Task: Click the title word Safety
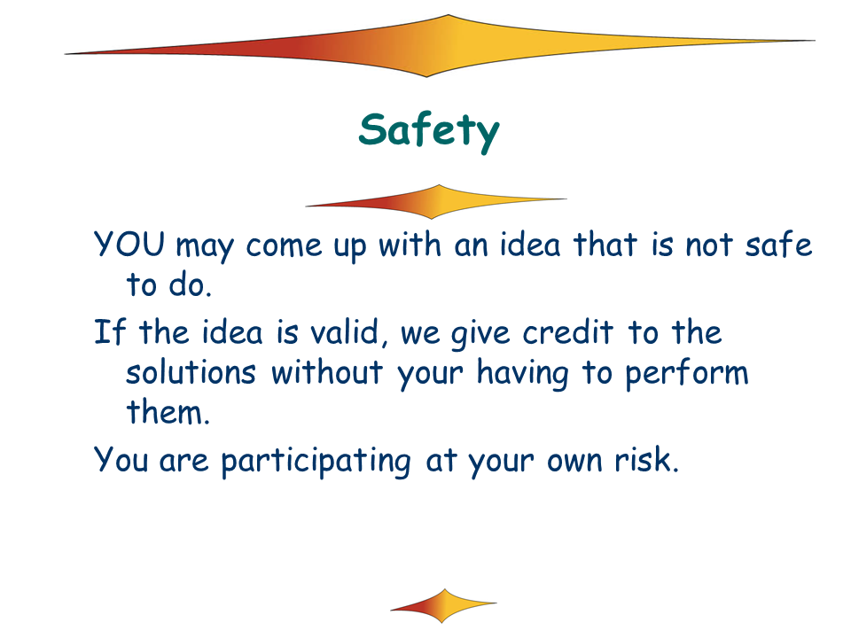pos(429,131)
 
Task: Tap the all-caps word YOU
pos(129,244)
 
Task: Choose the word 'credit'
pos(567,331)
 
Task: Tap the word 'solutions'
pos(191,372)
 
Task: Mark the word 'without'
pos(327,372)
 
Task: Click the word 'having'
pos(523,375)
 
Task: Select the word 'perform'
pos(686,375)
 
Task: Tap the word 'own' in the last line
pos(574,463)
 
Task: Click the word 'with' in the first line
pos(410,244)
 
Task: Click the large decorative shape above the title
pos(440,46)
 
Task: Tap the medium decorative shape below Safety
pos(436,202)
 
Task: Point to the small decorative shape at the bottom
pos(443,605)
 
